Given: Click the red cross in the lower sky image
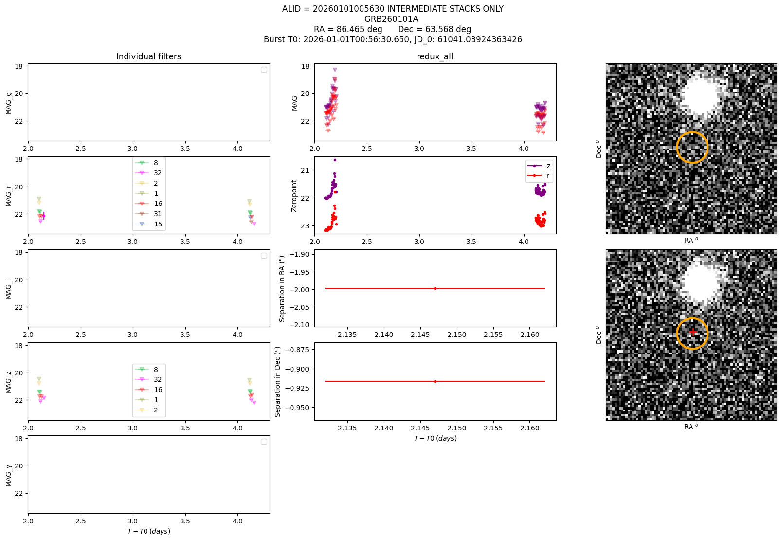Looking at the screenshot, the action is click(x=693, y=332).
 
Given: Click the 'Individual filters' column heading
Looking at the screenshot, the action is click(x=148, y=56).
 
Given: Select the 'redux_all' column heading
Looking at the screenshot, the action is click(x=435, y=56).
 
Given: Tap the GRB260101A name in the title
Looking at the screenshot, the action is click(x=391, y=19).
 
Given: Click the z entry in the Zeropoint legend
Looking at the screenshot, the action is click(x=539, y=166).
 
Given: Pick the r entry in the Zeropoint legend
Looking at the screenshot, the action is click(x=539, y=176).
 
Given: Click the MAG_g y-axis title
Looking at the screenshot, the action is click(x=9, y=103).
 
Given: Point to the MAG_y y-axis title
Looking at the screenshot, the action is click(x=9, y=475).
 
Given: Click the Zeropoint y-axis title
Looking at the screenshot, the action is click(x=294, y=196).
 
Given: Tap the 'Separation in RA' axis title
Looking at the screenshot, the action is click(x=282, y=289).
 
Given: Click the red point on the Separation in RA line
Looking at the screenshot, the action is click(x=435, y=288).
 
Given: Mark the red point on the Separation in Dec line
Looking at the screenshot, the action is click(x=435, y=381).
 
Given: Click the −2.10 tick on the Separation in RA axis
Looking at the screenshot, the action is click(x=299, y=325).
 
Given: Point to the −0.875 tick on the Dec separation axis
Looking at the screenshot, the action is click(x=297, y=350).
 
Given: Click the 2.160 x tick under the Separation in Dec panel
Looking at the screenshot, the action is click(x=529, y=428).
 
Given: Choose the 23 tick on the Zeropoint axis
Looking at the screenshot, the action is click(x=305, y=225).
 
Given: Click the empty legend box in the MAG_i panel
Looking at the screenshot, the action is click(x=264, y=256).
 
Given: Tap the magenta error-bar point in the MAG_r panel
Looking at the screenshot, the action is click(x=44, y=216).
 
